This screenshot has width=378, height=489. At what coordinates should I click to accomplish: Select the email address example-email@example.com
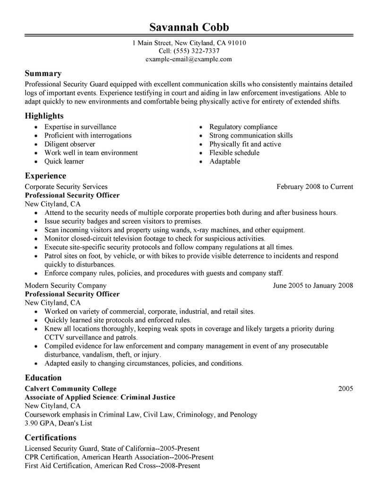(189, 59)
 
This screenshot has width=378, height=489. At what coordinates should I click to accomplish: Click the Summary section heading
(43, 73)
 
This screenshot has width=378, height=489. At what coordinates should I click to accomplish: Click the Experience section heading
(46, 176)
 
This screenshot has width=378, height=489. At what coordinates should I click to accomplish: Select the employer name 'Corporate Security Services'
(66, 187)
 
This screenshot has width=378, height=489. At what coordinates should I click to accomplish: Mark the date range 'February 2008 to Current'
(315, 187)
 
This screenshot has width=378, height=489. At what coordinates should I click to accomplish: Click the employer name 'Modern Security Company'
(65, 285)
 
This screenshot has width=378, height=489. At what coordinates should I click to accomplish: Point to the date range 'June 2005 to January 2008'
(313, 285)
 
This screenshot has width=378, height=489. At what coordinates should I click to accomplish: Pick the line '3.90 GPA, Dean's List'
(58, 423)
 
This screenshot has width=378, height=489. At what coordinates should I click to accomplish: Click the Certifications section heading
(51, 437)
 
